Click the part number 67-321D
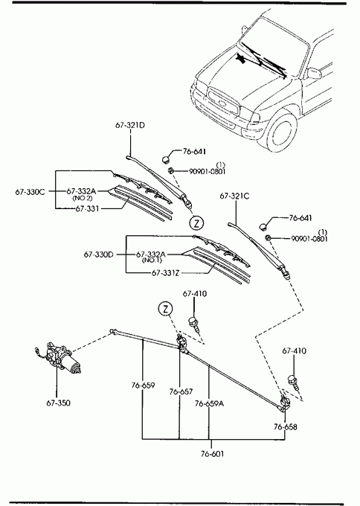[130, 125]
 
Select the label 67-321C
[234, 196]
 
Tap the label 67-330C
[30, 192]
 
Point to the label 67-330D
[99, 254]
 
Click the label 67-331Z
[165, 273]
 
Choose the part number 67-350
[58, 403]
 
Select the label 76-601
[212, 454]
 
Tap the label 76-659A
[209, 403]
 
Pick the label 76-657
[181, 391]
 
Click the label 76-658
[285, 426]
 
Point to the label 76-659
[143, 385]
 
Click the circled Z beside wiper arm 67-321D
[197, 223]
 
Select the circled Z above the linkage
[165, 309]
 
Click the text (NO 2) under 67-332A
[83, 198]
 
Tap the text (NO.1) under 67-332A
[152, 260]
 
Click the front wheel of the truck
[283, 132]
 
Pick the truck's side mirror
[314, 73]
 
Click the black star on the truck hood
[240, 59]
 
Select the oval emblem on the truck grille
[222, 103]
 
